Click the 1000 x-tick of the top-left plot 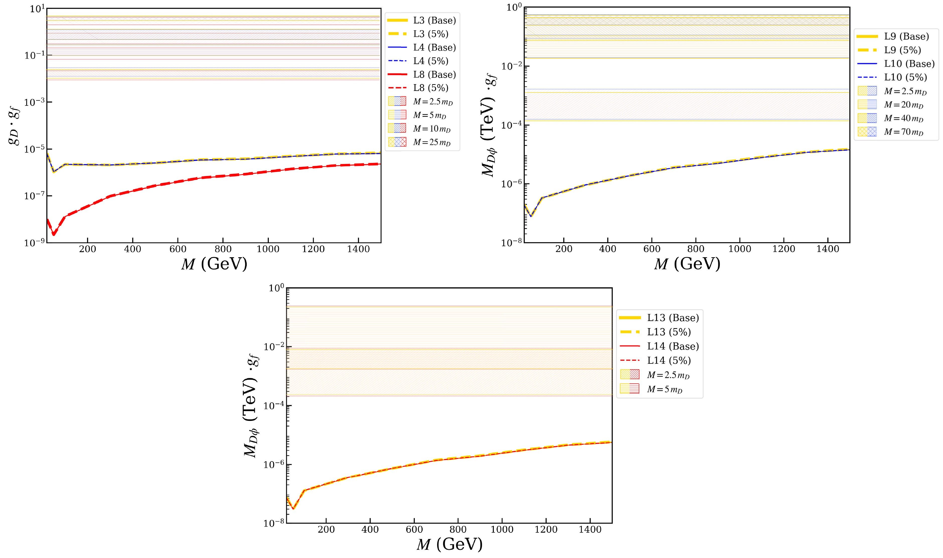pos(268,249)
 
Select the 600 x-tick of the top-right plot pos(652,249)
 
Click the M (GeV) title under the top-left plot pos(214,264)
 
